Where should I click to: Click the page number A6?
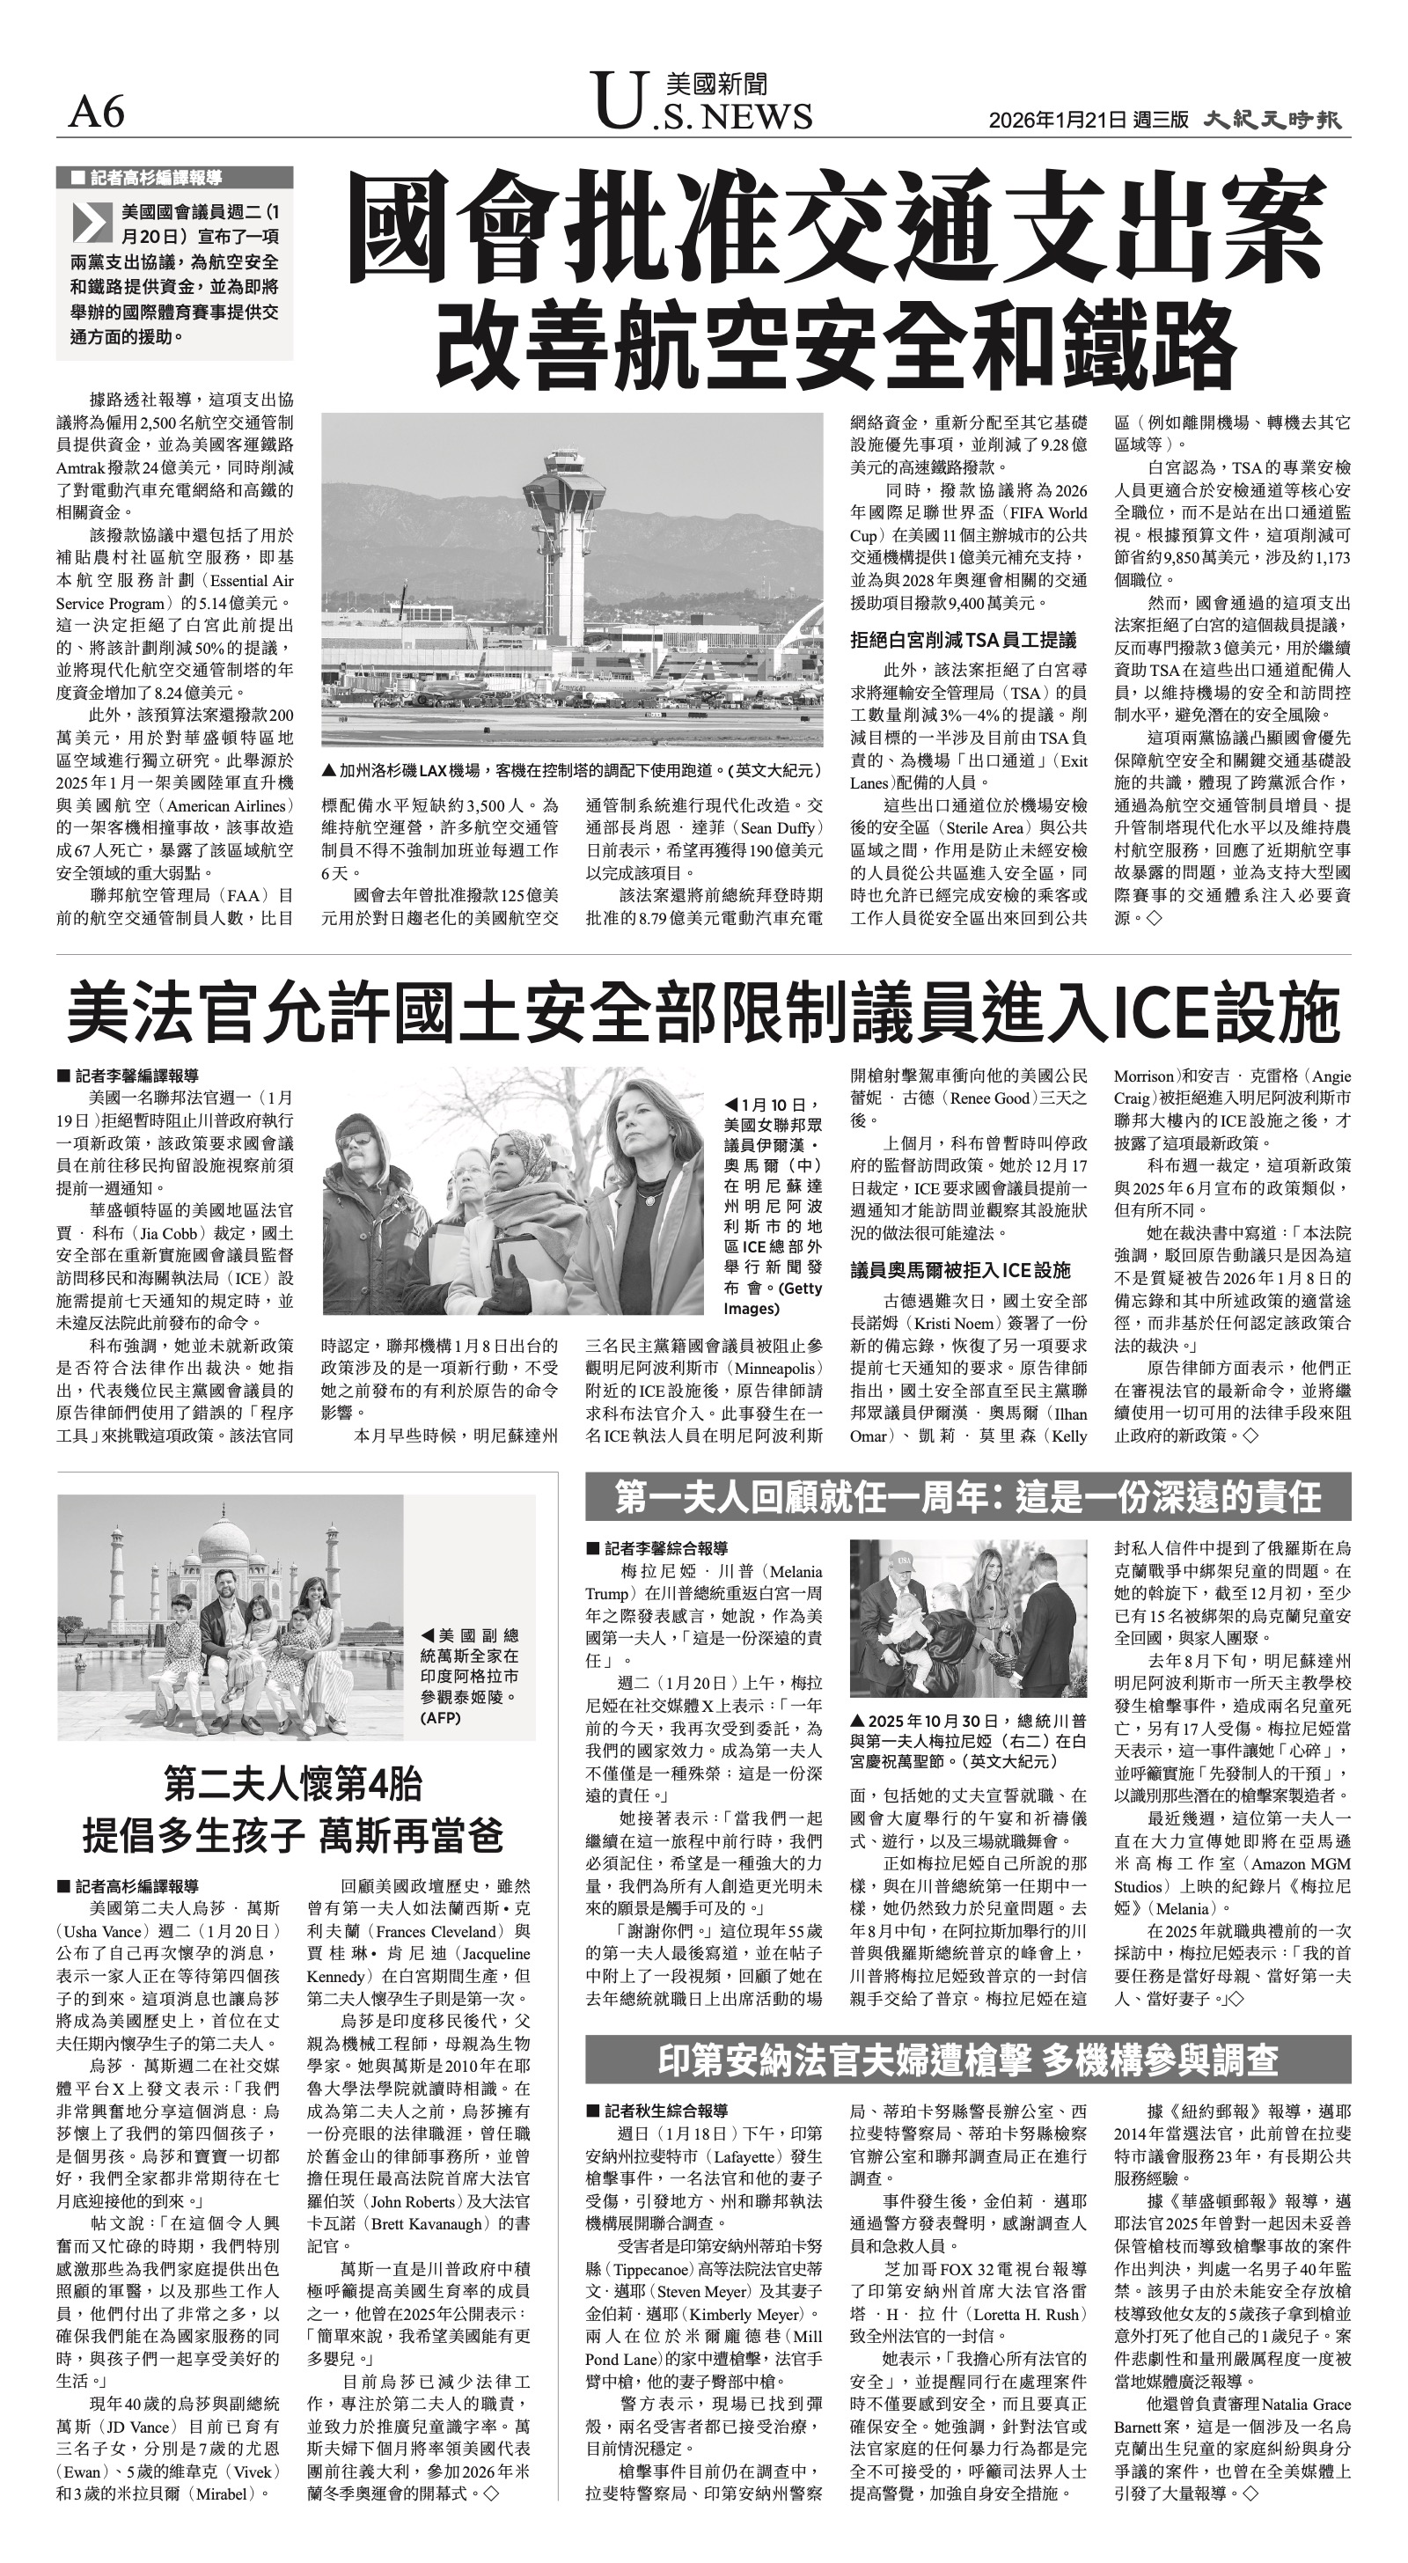(x=97, y=114)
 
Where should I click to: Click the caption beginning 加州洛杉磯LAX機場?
(x=571, y=770)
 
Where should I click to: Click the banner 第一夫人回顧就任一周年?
(x=967, y=1495)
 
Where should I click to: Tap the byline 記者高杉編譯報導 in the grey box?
(x=155, y=178)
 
